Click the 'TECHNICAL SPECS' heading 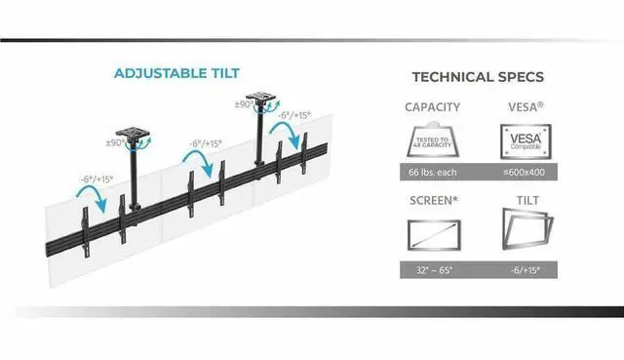[x=478, y=77]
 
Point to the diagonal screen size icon [x=435, y=235]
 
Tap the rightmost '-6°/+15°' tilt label [x=295, y=115]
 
